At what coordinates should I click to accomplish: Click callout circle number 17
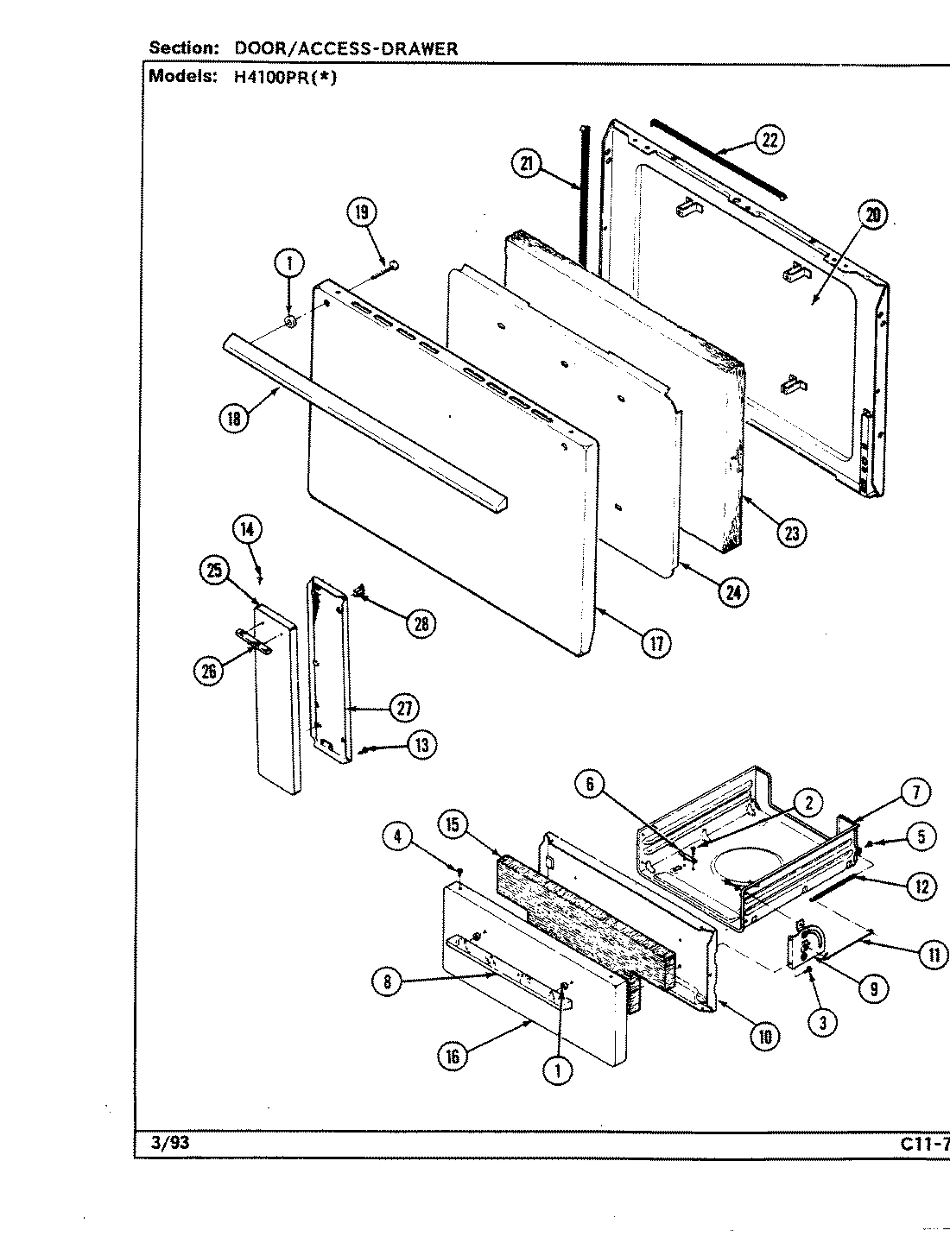[x=655, y=644]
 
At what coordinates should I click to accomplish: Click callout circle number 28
[x=421, y=623]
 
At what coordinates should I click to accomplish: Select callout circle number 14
[x=248, y=529]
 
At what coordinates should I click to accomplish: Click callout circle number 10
[x=763, y=1036]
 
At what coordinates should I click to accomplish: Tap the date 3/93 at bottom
[x=163, y=1143]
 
